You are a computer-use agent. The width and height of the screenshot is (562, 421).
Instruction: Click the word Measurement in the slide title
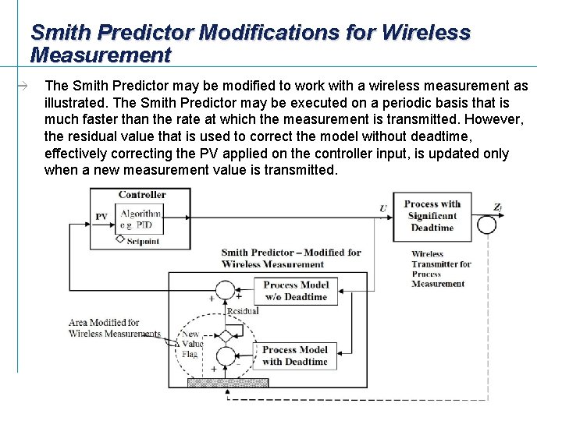click(x=100, y=55)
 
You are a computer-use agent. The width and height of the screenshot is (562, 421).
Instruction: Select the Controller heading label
click(x=142, y=195)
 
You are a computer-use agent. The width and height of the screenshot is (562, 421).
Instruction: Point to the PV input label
click(x=101, y=217)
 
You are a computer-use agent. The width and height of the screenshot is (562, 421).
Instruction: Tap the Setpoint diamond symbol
click(x=119, y=239)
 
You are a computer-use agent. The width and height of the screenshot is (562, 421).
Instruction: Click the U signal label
click(x=382, y=208)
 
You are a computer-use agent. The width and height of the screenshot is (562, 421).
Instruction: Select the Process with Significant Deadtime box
click(x=432, y=216)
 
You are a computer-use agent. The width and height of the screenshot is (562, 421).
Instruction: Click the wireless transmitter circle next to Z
click(x=486, y=224)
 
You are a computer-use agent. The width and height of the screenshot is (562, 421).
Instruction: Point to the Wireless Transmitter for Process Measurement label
click(x=441, y=269)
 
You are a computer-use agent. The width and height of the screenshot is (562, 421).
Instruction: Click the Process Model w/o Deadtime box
click(x=295, y=290)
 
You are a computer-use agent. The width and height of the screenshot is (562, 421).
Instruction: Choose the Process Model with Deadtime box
click(x=295, y=356)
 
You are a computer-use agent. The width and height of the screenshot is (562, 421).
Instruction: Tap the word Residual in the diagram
click(x=242, y=311)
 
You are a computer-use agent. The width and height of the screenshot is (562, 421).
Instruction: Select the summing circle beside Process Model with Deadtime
click(x=225, y=356)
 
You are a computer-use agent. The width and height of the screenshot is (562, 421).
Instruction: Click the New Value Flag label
click(x=191, y=344)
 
